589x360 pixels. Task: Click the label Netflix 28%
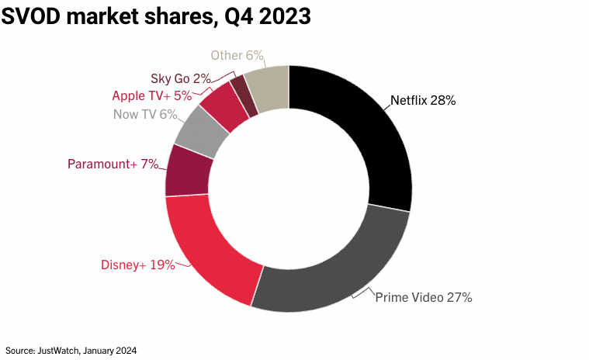pos(422,100)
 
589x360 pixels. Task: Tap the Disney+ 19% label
pos(138,265)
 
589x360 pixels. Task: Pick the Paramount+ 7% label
pos(113,164)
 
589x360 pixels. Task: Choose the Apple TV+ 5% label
pos(151,95)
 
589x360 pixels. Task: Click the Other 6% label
pos(237,55)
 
